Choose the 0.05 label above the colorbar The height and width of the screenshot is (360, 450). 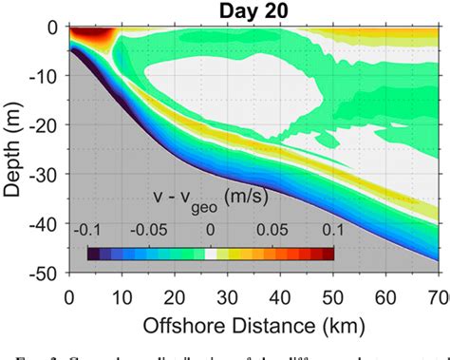click(272, 232)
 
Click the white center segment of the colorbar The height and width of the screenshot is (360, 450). click(211, 253)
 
